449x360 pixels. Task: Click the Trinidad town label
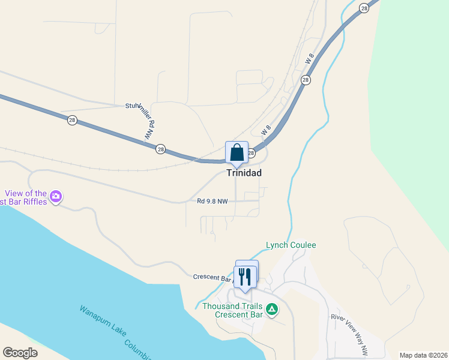pos(244,172)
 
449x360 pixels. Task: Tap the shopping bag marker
pos(237,152)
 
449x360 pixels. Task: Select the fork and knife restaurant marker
pos(244,277)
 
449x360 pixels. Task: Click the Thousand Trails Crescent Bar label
pos(232,310)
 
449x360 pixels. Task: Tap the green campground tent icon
pos(272,310)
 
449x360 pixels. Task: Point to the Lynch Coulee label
pos(291,245)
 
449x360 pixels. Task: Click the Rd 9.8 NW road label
pos(212,201)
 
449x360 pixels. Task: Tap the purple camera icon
pos(56,196)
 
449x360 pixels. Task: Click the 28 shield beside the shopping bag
pos(251,154)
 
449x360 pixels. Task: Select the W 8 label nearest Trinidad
pos(267,128)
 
